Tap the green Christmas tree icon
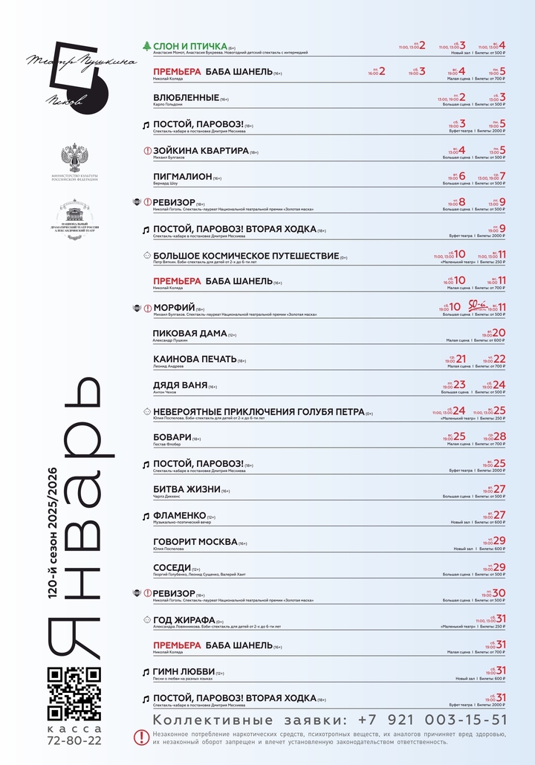click(x=146, y=46)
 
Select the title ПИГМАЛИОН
click(x=182, y=176)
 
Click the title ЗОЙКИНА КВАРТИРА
click(x=201, y=150)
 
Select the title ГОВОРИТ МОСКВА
click(x=195, y=542)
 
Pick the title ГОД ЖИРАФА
click(x=184, y=619)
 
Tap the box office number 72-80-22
click(x=74, y=740)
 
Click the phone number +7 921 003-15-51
click(x=432, y=720)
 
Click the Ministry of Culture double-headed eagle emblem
click(x=74, y=158)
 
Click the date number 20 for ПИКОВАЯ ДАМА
click(x=499, y=333)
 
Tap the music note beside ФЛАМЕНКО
click(x=146, y=516)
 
